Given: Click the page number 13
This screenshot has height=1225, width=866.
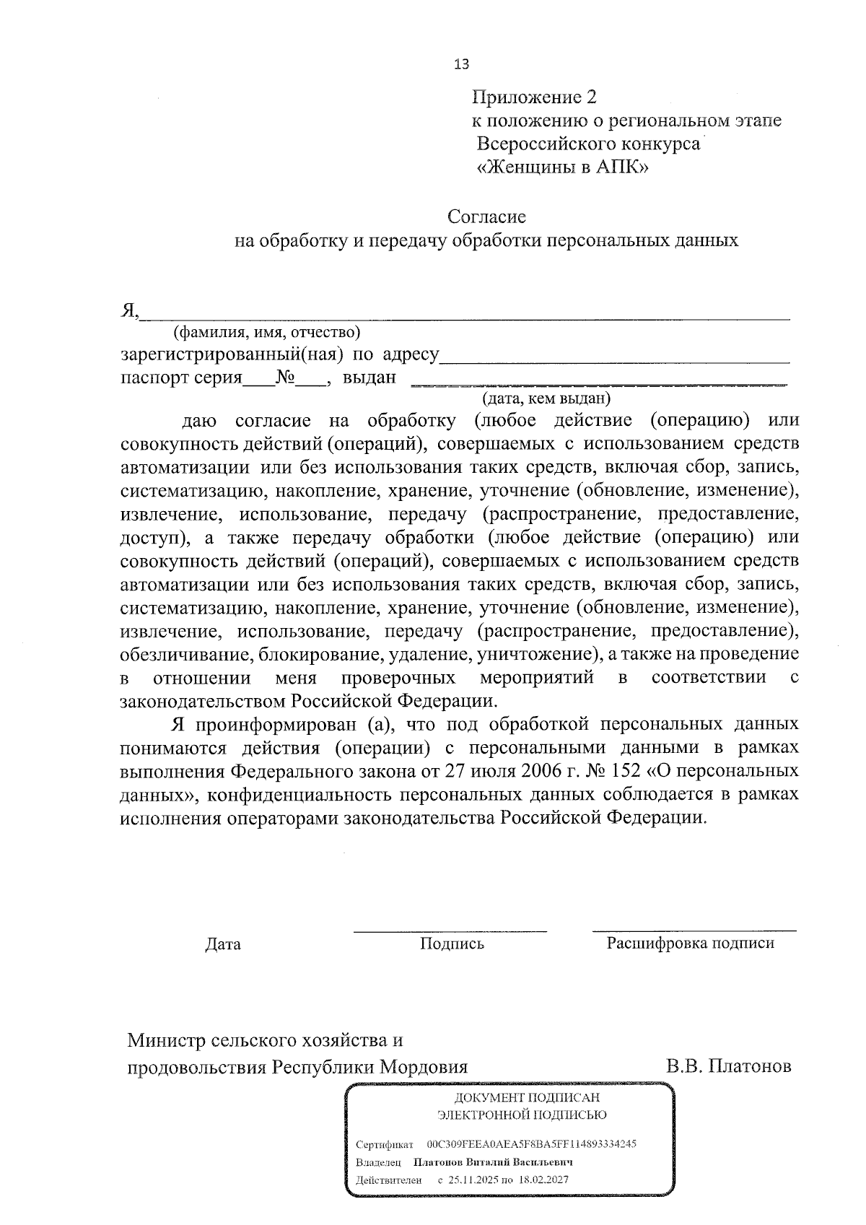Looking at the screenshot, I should pos(461,64).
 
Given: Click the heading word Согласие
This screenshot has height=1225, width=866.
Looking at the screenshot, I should pos(486,216).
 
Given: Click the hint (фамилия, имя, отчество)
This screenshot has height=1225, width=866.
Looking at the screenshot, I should pos(266,332).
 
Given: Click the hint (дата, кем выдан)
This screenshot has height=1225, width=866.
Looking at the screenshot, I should pos(546,397).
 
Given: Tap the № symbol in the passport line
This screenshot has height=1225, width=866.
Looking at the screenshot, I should pos(286,377).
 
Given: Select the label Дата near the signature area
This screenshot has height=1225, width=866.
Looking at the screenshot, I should pos(223,944).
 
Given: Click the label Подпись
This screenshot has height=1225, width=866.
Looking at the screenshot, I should pos(452,943).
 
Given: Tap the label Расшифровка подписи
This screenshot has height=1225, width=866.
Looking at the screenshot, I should pos(691,943).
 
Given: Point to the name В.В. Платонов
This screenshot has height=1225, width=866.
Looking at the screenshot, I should pos(729,1066).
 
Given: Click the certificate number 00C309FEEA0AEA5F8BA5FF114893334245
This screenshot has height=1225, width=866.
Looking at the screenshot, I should pos(531,1144).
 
